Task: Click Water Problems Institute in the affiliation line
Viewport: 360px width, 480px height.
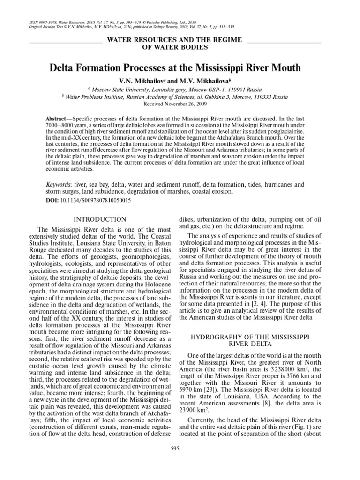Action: coord(93,96)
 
